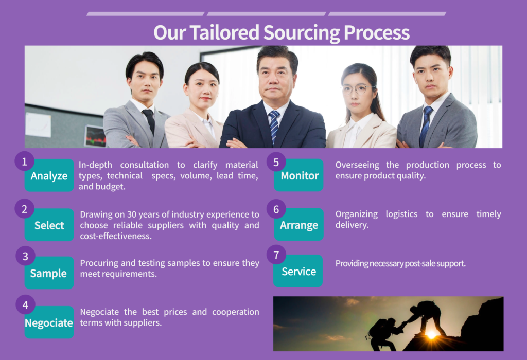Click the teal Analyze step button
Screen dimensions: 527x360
(x=49, y=175)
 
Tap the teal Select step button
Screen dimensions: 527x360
(x=49, y=225)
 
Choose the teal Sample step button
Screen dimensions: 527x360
(x=49, y=273)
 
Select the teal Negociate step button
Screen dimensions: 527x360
(x=49, y=322)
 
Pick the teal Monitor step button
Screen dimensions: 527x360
(x=299, y=175)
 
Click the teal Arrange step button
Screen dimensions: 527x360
(x=299, y=224)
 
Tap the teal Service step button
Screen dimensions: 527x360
(x=298, y=271)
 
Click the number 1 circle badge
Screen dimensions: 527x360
(x=25, y=161)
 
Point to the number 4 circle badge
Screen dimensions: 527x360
(x=26, y=304)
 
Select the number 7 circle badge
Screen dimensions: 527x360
(x=276, y=255)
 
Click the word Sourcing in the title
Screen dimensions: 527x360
(x=302, y=33)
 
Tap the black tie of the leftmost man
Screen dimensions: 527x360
(x=149, y=121)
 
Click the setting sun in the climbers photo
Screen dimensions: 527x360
(x=431, y=334)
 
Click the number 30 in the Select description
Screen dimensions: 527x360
(x=132, y=214)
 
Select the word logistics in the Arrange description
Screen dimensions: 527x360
(x=401, y=214)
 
